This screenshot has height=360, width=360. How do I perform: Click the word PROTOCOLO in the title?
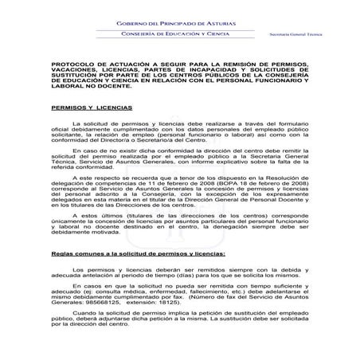pos(70,61)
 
